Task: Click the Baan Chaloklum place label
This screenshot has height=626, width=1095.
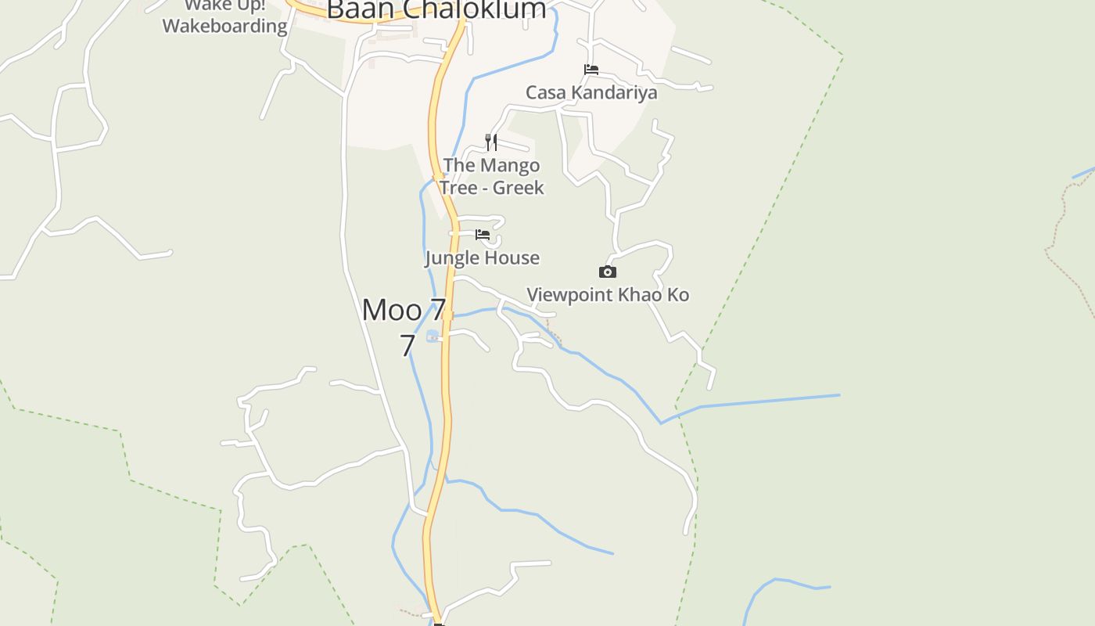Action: click(436, 9)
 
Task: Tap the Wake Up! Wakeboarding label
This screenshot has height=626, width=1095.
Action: click(225, 17)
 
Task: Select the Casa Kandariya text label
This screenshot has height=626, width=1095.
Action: click(591, 92)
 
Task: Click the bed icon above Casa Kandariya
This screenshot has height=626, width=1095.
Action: click(591, 70)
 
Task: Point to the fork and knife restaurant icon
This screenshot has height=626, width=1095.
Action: click(491, 142)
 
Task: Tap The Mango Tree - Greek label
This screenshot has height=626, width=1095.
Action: click(491, 176)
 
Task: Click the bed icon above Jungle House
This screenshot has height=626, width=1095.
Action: click(483, 235)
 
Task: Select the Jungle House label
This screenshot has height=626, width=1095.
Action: click(483, 257)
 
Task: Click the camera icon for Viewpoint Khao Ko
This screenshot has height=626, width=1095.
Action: click(608, 272)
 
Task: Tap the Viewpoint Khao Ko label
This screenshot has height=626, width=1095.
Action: click(608, 295)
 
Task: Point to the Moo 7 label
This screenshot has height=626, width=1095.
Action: click(404, 310)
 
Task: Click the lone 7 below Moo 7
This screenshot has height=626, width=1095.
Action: click(407, 345)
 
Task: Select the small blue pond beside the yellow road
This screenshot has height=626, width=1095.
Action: click(432, 336)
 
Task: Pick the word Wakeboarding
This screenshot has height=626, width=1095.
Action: click(225, 26)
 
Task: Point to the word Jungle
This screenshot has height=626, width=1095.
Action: click(452, 257)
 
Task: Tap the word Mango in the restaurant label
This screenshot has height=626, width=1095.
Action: click(509, 165)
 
